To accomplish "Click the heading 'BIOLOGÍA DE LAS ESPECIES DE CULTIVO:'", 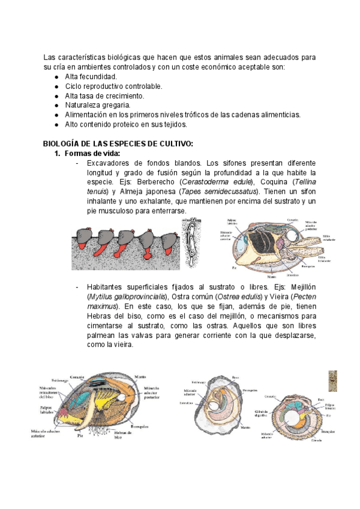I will (x=118, y=143).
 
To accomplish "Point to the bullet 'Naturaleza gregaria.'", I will (x=97, y=105).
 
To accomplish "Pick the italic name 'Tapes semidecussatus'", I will (x=221, y=191).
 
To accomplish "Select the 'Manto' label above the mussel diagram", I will (x=142, y=377).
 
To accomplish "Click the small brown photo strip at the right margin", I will (x=332, y=380).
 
